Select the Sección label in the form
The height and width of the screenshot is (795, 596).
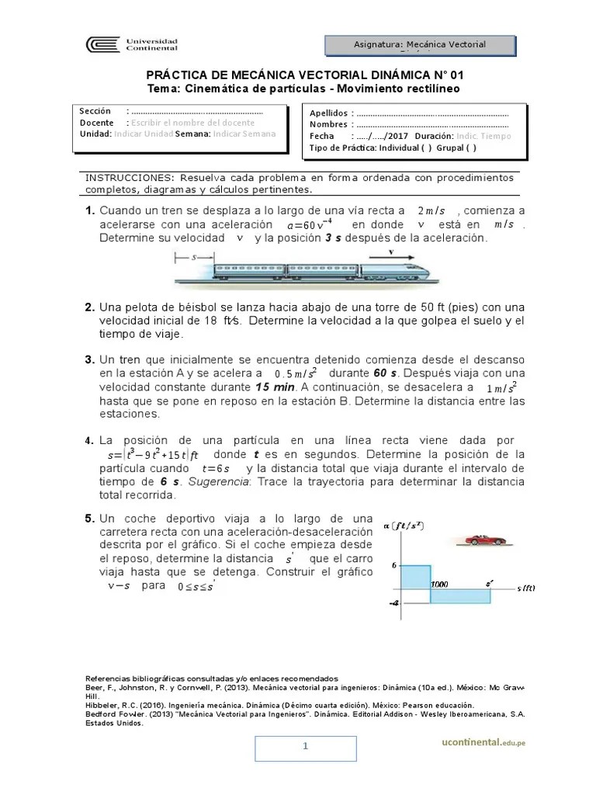[95, 112]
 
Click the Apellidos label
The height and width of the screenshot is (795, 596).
[329, 113]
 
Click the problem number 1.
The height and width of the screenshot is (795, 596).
[89, 210]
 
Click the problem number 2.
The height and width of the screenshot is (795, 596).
[89, 307]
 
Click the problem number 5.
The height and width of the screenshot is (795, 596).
[89, 517]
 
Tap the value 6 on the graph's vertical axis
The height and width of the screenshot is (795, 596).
[394, 565]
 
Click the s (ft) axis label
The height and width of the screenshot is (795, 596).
[525, 588]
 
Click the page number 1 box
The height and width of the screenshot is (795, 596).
[306, 747]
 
